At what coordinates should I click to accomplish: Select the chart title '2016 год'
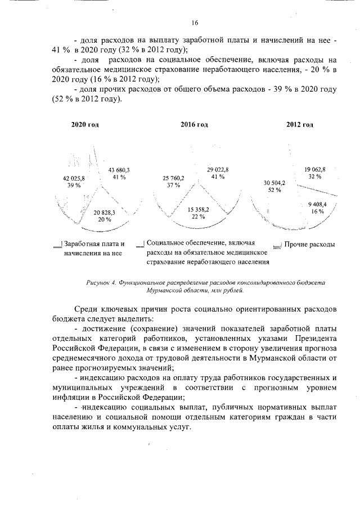pos(194,125)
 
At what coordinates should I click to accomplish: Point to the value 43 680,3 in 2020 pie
pos(119,169)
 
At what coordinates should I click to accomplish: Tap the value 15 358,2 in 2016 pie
pos(199,209)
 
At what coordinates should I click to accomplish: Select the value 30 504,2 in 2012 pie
pos(274,183)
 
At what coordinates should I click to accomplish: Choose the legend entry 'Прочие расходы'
pos(309,245)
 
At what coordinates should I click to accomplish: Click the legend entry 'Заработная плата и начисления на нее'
pos(93,248)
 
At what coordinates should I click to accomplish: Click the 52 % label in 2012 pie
pos(274,190)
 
